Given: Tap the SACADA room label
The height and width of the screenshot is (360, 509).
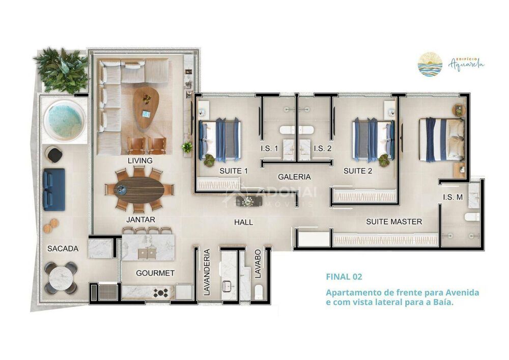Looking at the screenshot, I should pyautogui.click(x=63, y=248).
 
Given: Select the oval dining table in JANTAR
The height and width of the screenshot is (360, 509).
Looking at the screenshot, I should pyautogui.click(x=139, y=189).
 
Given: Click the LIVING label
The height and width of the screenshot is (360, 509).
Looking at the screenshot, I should pyautogui.click(x=140, y=161).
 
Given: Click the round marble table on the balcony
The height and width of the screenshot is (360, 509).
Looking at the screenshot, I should pyautogui.click(x=61, y=278).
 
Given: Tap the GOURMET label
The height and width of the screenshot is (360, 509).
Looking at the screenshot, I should pyautogui.click(x=155, y=273).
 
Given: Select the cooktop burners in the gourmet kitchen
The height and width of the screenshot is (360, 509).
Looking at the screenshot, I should pyautogui.click(x=161, y=292).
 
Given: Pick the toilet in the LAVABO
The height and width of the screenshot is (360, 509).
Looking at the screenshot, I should pyautogui.click(x=259, y=292).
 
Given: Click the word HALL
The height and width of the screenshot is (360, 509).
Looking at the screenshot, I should pyautogui.click(x=243, y=223).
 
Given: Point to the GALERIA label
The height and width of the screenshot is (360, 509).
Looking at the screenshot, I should pyautogui.click(x=294, y=177).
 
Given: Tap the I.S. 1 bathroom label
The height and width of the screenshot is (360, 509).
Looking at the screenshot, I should pyautogui.click(x=269, y=149).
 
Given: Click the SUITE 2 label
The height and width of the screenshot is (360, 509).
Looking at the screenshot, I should pyautogui.click(x=358, y=171).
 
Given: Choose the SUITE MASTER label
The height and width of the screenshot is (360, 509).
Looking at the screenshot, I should pyautogui.click(x=394, y=222).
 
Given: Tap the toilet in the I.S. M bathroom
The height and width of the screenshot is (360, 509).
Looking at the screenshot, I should pyautogui.click(x=471, y=217).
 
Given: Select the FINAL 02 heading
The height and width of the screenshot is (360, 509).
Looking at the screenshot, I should pyautogui.click(x=344, y=278).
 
